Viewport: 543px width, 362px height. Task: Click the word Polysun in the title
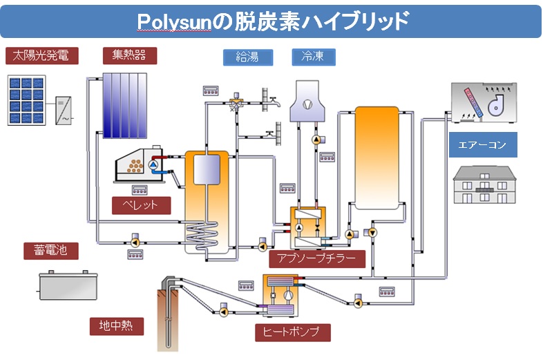coord(180,22)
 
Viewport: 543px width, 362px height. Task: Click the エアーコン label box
coord(482,146)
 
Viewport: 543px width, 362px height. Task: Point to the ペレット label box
coord(141,205)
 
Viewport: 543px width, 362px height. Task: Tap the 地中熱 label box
coord(116,325)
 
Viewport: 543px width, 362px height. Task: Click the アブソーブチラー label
coord(316,258)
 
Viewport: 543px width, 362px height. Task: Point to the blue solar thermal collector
coord(125,104)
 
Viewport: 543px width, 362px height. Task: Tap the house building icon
coord(484,184)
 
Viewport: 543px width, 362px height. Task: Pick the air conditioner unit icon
coord(483,104)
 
